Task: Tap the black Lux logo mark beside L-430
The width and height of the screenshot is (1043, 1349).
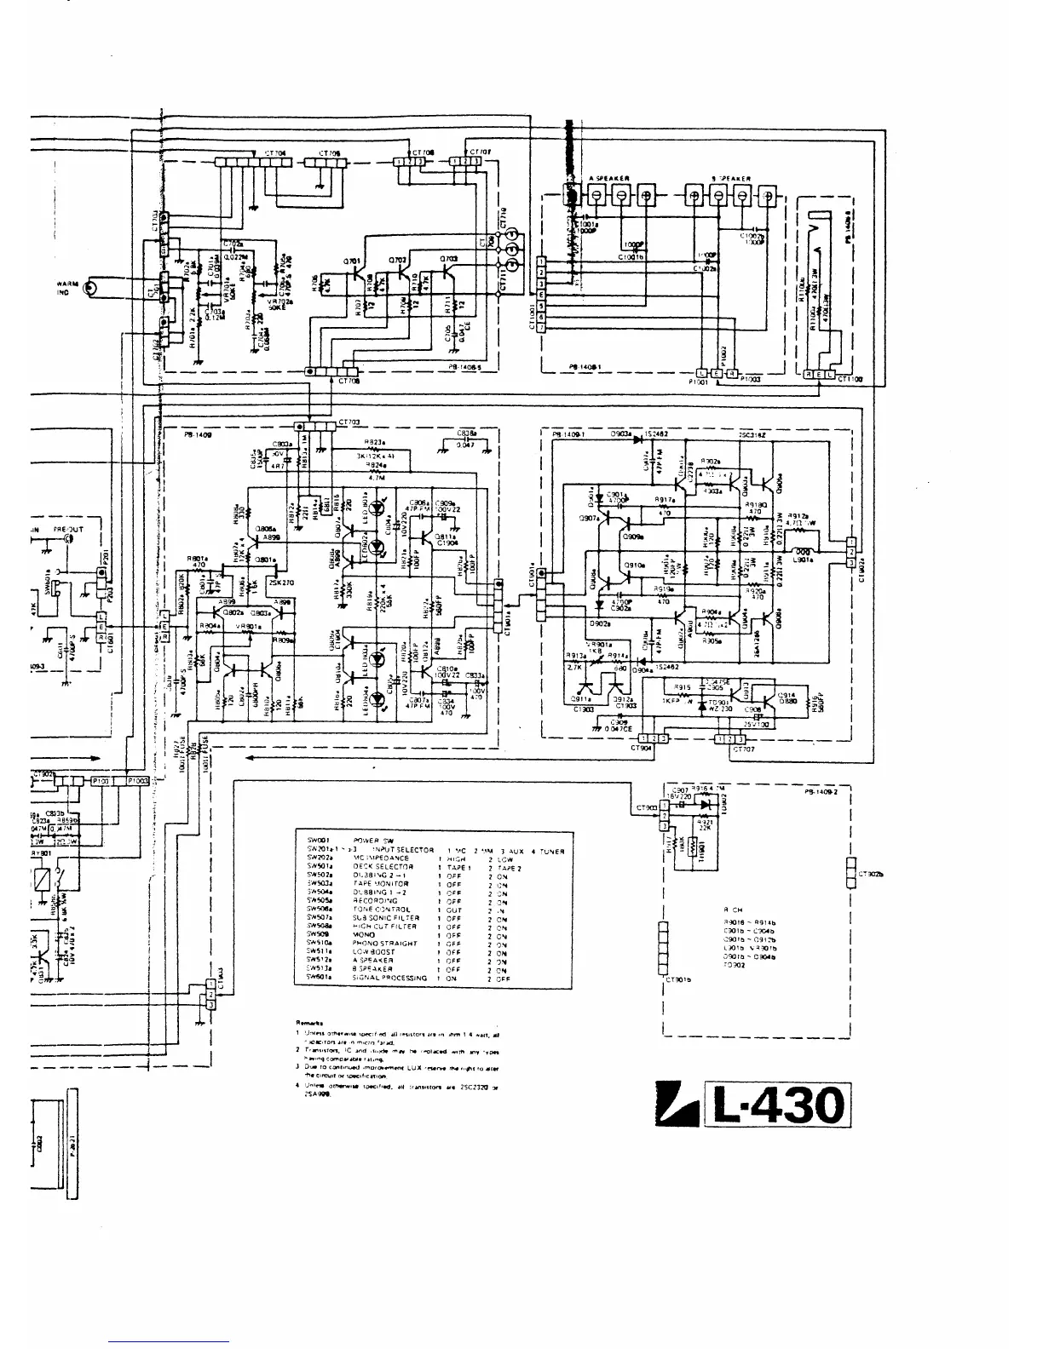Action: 679,1107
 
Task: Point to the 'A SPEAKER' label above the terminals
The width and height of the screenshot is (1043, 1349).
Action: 609,178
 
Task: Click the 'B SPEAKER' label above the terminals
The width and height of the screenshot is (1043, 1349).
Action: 731,178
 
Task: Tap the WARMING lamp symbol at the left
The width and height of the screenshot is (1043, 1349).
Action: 90,290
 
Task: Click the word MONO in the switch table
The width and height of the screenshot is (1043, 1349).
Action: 364,934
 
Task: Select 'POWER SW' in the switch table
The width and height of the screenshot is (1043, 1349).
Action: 373,841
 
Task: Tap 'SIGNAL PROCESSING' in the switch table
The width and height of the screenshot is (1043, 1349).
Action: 389,978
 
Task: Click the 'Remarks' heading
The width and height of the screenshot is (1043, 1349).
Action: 307,1021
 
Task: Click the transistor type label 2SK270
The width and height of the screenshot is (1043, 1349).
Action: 280,583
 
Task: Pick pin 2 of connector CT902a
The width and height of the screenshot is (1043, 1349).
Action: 850,551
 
